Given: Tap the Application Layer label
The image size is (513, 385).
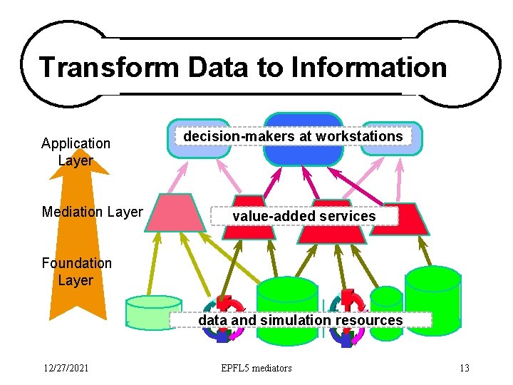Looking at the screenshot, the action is [76, 152].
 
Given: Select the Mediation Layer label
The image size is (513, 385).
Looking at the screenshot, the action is [93, 212].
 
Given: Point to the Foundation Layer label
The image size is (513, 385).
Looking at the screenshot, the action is [76, 272].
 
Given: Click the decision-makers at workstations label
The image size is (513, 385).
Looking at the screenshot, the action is [293, 136].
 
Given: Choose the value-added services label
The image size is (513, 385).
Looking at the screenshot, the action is [304, 216].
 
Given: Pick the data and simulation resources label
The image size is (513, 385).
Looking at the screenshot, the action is [300, 320].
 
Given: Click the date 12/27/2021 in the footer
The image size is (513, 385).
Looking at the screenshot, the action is [65, 368].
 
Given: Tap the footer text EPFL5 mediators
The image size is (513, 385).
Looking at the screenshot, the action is [256, 368].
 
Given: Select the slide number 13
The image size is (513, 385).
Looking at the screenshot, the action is [465, 368].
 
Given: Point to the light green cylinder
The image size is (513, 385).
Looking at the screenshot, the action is [154, 312].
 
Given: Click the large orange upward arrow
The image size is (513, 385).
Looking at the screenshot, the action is [76, 235].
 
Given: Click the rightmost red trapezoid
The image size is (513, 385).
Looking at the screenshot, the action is [409, 220].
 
